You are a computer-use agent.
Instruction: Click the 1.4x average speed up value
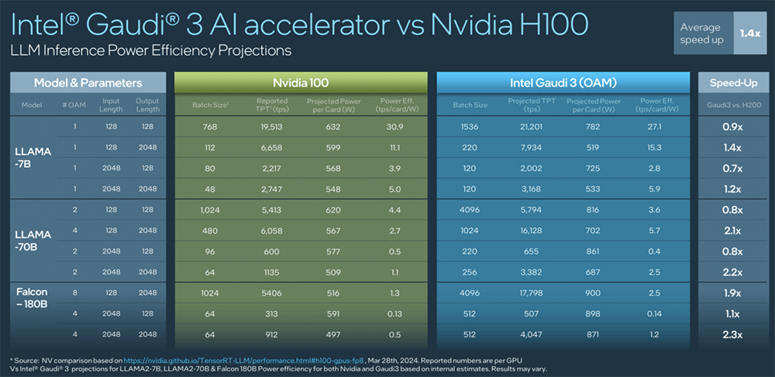pos(749,33)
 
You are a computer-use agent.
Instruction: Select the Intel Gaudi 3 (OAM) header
pos(563,82)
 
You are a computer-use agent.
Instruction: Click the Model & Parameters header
pos(88,82)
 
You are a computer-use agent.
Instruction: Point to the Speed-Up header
pos(732,82)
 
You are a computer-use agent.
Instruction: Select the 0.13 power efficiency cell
pos(392,314)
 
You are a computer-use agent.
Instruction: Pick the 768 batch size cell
pos(209,126)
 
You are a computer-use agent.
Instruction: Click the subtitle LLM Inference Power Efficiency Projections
pos(151,51)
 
